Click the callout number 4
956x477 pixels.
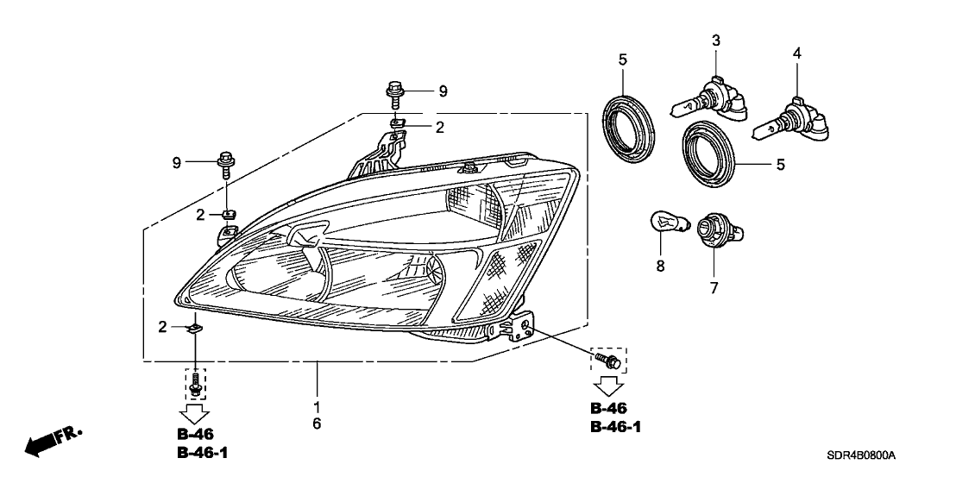click(x=797, y=53)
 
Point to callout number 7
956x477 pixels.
click(x=714, y=288)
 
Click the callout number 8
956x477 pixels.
click(x=660, y=267)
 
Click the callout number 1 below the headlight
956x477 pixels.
click(x=317, y=405)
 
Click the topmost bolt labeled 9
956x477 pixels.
click(x=395, y=90)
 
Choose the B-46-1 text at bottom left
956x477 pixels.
click(x=195, y=454)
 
